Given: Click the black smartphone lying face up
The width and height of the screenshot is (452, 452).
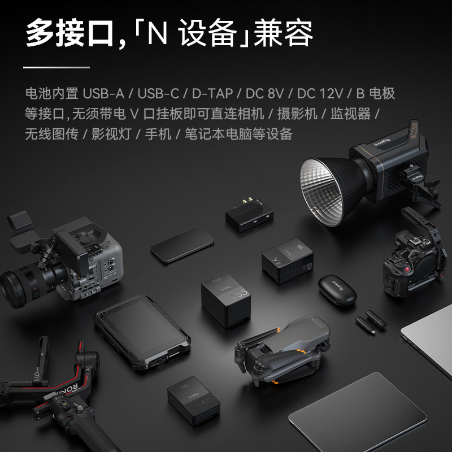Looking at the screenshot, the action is (182, 245).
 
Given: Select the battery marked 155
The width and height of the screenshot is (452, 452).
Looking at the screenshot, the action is (225, 300).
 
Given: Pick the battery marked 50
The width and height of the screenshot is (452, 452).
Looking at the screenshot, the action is (193, 401).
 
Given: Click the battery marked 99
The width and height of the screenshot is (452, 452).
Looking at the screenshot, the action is (288, 260).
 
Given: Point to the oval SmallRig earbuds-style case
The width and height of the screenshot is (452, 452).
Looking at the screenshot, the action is (337, 290).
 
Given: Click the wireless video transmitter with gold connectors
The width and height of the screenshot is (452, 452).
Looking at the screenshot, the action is (249, 215).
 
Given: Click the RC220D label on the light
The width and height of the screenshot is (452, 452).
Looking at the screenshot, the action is (414, 131).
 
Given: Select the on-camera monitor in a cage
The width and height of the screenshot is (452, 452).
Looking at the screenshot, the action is (142, 332).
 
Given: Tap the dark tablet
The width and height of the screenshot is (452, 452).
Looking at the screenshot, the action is (358, 412).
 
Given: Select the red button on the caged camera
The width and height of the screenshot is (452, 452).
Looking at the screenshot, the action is (407, 270).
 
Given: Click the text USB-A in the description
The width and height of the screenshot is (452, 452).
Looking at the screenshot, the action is (103, 93).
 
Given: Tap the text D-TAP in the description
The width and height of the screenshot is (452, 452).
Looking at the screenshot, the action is (212, 93).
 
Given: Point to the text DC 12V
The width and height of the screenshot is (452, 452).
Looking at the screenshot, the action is (320, 93).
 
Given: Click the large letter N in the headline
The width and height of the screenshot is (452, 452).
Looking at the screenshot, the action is (158, 32).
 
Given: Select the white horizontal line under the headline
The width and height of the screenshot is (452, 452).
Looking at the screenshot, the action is (56, 67).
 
